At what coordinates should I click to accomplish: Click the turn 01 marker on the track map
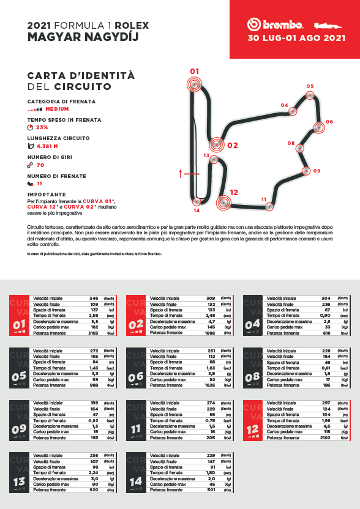[x=195, y=84]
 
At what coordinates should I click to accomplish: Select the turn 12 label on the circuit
[x=233, y=192]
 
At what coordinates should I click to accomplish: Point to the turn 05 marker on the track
[x=310, y=95]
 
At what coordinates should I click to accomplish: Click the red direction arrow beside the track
[x=181, y=173]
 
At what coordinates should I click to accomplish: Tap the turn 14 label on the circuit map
[x=197, y=210]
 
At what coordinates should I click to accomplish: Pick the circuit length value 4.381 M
[x=47, y=146]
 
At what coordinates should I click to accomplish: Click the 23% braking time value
[x=42, y=127]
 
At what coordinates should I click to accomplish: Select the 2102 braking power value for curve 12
[x=326, y=437]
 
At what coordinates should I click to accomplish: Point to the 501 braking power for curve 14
[x=209, y=490]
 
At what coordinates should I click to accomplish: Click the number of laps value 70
[x=40, y=165]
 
